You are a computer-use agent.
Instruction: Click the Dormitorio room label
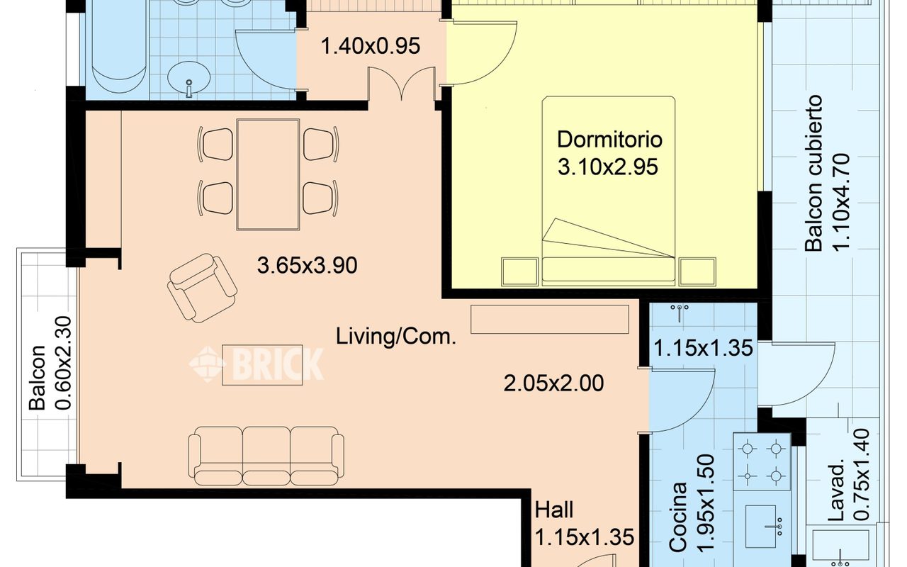pos(609,140)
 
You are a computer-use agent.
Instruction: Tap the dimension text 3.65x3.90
pos(308,266)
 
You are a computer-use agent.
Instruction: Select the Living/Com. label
pos(396,337)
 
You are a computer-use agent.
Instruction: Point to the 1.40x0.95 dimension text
pos(371,46)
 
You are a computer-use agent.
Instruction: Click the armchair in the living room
pos(202,288)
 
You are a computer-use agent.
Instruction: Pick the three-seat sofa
pos(266,456)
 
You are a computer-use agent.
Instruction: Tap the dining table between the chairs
pos(268,174)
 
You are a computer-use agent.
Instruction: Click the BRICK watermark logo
pos(257,364)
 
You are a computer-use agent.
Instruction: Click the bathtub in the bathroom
pos(119,45)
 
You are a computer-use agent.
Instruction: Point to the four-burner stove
pos(762,461)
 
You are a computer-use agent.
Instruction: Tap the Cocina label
pos(678,517)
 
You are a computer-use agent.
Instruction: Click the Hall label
pos(554,510)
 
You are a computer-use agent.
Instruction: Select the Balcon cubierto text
pos(813,173)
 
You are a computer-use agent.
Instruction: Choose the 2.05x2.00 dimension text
pos(553,383)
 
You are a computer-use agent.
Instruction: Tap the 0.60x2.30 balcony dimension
pos(63,364)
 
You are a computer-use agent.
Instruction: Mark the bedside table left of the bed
pos(519,271)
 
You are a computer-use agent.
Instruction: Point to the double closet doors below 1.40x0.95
pos(401,84)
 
